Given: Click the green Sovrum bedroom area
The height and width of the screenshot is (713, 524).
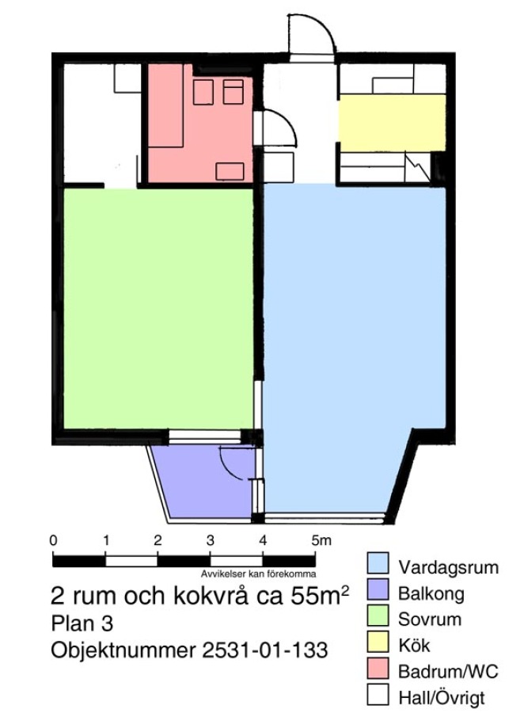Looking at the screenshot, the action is [158, 308].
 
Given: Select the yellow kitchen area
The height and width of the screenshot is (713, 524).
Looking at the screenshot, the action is [392, 123].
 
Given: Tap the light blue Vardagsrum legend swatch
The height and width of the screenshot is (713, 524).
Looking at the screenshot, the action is [378, 563].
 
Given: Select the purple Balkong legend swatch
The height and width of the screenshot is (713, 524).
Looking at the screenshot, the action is [378, 589].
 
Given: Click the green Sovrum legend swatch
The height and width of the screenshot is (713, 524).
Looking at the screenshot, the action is [378, 616].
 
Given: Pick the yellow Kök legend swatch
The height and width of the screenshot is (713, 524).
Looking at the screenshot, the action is [378, 642].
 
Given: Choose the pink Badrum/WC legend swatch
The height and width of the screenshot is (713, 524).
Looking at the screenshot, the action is [378, 668].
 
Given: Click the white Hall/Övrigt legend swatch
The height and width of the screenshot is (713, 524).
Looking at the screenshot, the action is [378, 694].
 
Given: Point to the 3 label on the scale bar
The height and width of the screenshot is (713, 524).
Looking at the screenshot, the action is [210, 540].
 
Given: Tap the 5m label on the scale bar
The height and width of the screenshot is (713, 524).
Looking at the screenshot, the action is [321, 540].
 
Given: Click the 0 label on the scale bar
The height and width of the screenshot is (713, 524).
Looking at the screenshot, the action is [53, 540].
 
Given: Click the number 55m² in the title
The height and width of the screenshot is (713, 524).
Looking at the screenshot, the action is [320, 595].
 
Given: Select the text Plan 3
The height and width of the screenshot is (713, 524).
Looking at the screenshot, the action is [82, 623].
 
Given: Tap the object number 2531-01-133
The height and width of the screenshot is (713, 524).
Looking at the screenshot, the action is [264, 650].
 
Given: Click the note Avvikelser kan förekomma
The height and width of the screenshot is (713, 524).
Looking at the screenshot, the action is [258, 574].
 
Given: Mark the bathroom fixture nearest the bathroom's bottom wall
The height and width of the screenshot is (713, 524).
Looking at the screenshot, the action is [230, 171].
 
